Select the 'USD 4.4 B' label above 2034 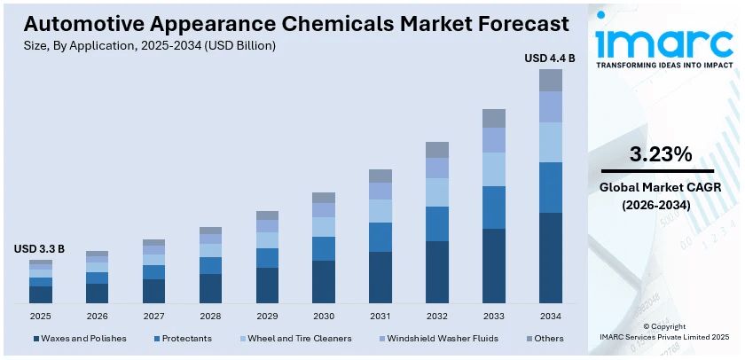(550, 59)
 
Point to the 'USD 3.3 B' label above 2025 (39, 250)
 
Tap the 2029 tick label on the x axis (267, 316)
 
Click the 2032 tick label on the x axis (437, 316)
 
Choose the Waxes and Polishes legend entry (80, 338)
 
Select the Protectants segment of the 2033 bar (494, 207)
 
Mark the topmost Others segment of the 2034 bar (551, 80)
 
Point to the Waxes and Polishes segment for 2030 (324, 281)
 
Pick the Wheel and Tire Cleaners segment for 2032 (437, 192)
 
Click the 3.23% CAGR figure (660, 154)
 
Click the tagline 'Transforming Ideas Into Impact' (663, 66)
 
